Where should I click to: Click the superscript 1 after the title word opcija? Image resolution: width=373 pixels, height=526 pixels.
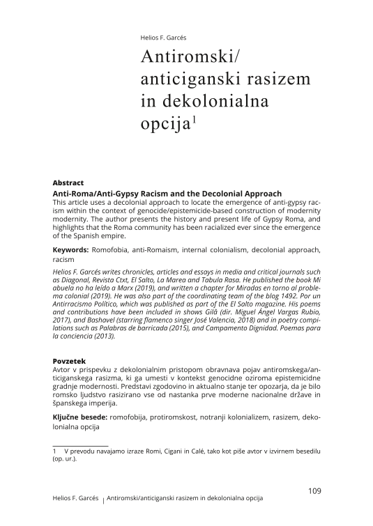196,120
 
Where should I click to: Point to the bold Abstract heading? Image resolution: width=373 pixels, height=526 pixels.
68,183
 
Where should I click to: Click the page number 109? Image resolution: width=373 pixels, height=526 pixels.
314,490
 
